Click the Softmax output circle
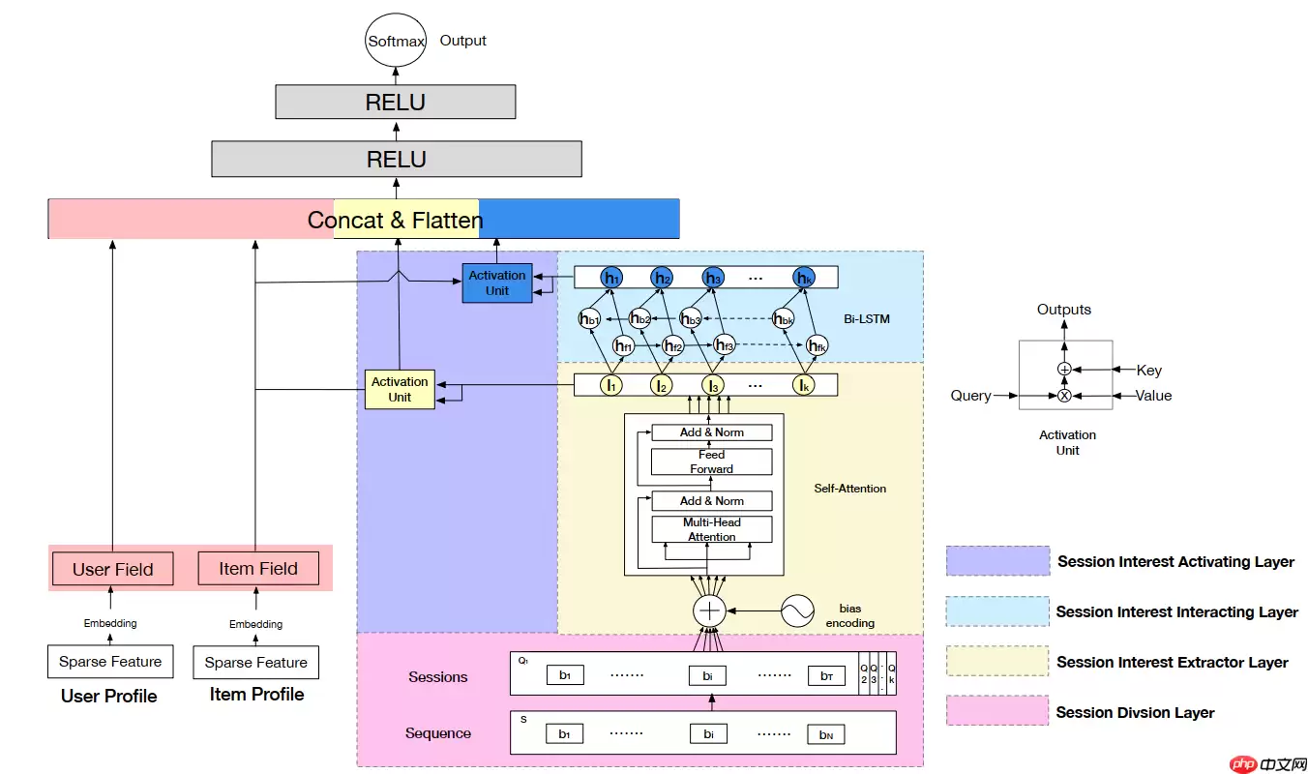pos(396,42)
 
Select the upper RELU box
pos(395,102)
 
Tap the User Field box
pos(113,569)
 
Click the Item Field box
pos(258,568)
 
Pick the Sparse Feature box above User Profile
pos(109,662)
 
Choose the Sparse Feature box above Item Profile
pos(256,663)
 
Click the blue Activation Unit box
pos(497,283)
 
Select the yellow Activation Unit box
pos(400,389)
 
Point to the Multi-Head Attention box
pos(712,529)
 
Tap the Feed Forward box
pos(712,461)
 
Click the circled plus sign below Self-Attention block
pos(710,610)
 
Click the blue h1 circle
pos(611,278)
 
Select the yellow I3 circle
pos(713,385)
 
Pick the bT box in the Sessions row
pos(826,676)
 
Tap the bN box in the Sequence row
pos(826,734)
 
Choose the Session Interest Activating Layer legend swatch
pos(997,561)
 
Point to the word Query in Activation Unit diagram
pos(970,395)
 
